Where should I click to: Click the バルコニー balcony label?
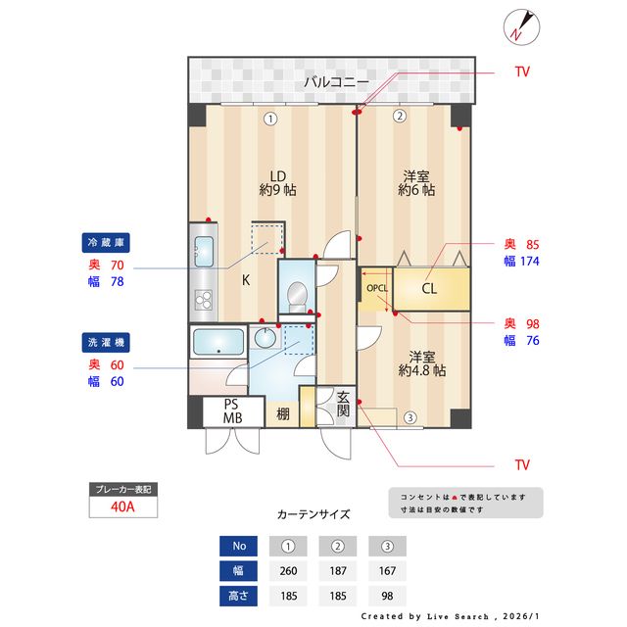click(x=335, y=81)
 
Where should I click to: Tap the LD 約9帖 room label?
click(x=277, y=182)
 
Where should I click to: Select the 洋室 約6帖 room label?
click(x=416, y=182)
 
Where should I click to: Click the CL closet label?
click(x=429, y=289)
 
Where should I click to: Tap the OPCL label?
click(x=377, y=289)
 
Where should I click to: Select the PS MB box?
click(x=231, y=410)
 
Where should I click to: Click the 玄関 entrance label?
click(x=344, y=405)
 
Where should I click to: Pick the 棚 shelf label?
click(x=282, y=413)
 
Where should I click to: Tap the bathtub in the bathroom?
click(x=218, y=342)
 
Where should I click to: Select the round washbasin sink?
click(x=265, y=338)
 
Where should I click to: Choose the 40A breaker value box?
click(x=122, y=506)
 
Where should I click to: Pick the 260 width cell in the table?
click(x=288, y=570)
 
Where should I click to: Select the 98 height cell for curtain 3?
click(x=387, y=595)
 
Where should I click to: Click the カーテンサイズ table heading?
click(x=313, y=513)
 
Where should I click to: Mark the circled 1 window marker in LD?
click(x=269, y=118)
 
